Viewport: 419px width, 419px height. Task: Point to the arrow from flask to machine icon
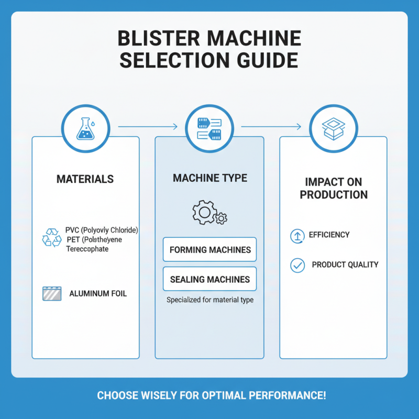pos(147,127)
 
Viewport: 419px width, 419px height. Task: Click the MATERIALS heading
pos(85,179)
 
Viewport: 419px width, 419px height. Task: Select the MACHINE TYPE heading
pos(210,179)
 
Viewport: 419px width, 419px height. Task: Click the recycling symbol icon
pos(52,237)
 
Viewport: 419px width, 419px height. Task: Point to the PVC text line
pos(105,230)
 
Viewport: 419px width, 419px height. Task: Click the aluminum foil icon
pos(52,293)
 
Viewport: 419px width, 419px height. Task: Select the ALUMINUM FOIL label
pos(98,294)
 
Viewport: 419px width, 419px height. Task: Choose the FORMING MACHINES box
pos(210,249)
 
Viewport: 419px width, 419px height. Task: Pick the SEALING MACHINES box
pos(210,279)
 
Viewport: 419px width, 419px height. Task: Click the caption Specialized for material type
pos(210,300)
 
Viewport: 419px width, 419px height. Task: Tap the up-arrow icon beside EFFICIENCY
pos(297,236)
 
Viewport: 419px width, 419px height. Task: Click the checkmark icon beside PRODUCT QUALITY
pos(297,266)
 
